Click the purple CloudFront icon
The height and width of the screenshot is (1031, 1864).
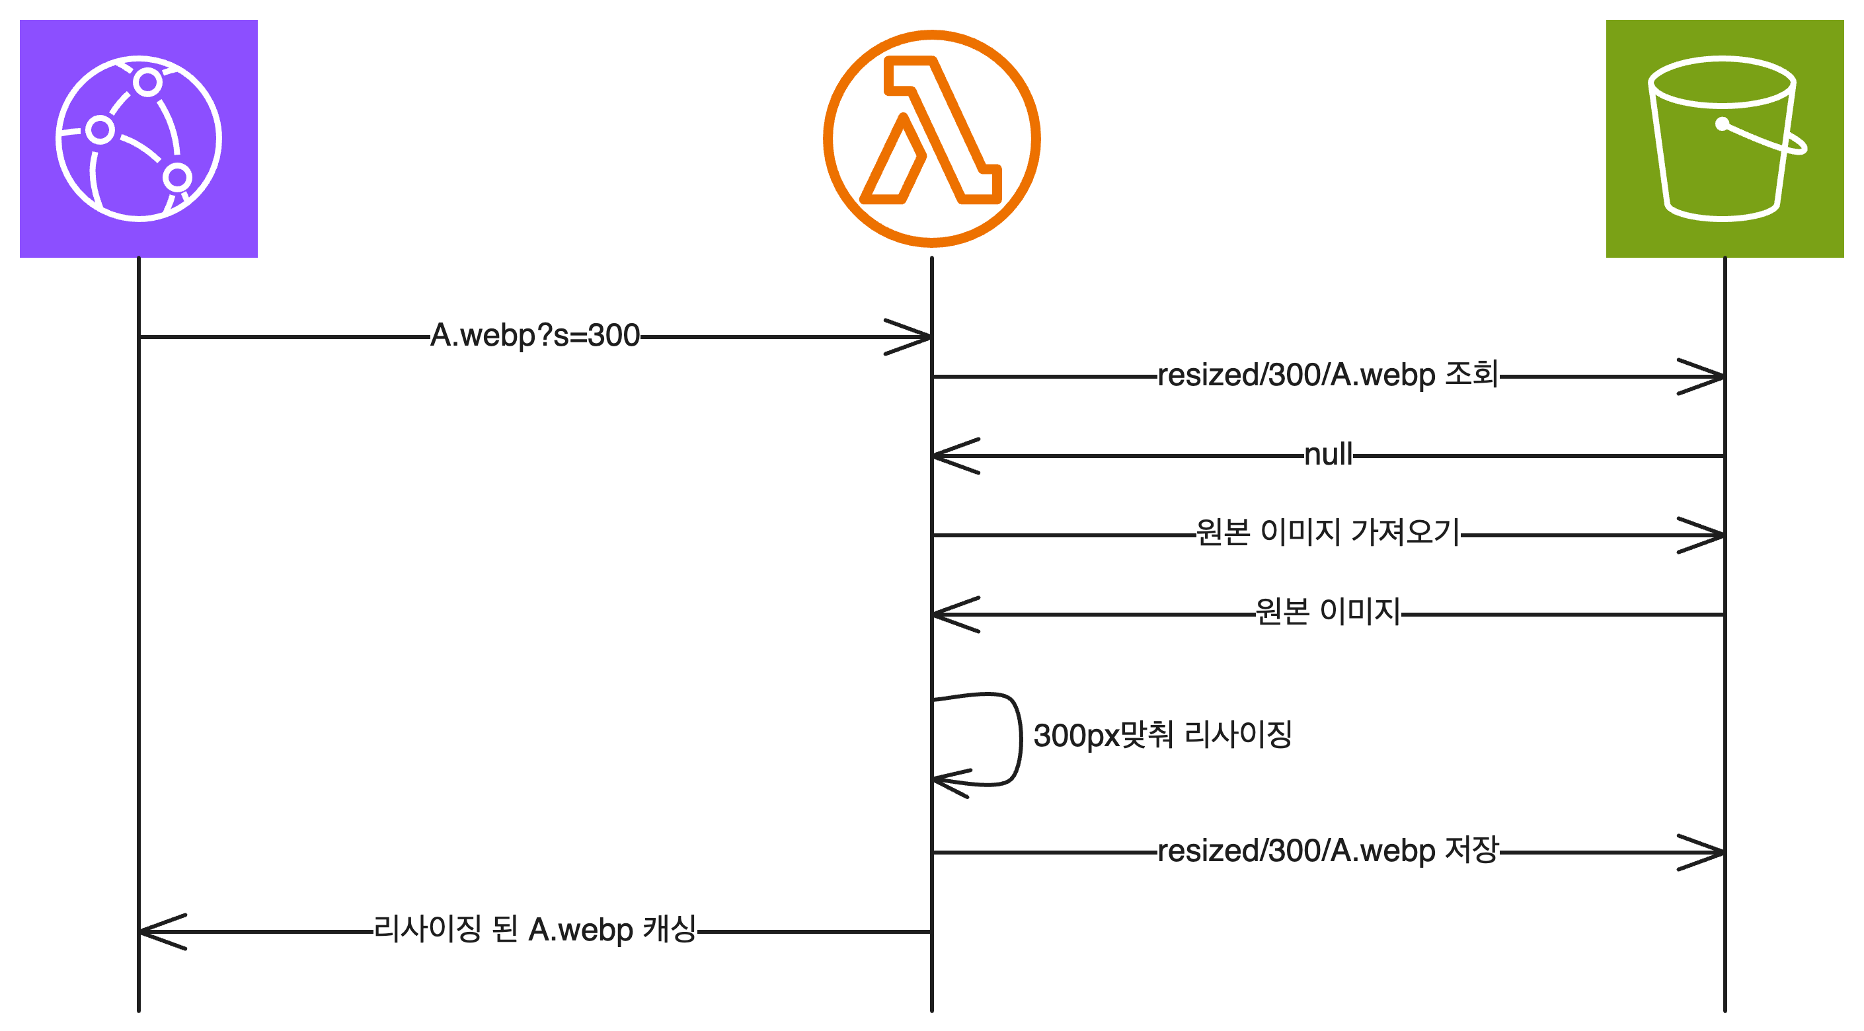click(138, 138)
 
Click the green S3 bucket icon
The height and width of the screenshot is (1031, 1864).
click(1725, 138)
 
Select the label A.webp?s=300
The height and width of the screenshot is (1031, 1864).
click(535, 336)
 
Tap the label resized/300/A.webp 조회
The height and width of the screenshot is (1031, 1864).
click(1328, 375)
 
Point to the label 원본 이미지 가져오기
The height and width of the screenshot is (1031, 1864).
click(1328, 533)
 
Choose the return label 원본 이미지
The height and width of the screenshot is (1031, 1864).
click(1328, 612)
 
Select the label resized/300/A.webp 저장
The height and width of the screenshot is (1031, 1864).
click(1328, 851)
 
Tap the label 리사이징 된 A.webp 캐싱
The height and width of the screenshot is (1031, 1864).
click(535, 930)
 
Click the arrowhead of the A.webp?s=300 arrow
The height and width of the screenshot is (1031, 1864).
click(913, 337)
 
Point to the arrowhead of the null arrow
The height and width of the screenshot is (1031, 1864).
click(951, 456)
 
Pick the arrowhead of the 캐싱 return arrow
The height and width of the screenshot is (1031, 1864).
click(158, 932)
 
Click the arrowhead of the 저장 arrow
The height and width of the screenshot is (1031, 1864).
click(1706, 853)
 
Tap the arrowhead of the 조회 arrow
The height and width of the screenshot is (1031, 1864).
click(1706, 377)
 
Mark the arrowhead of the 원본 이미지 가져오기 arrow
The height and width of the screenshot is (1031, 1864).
click(1706, 535)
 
